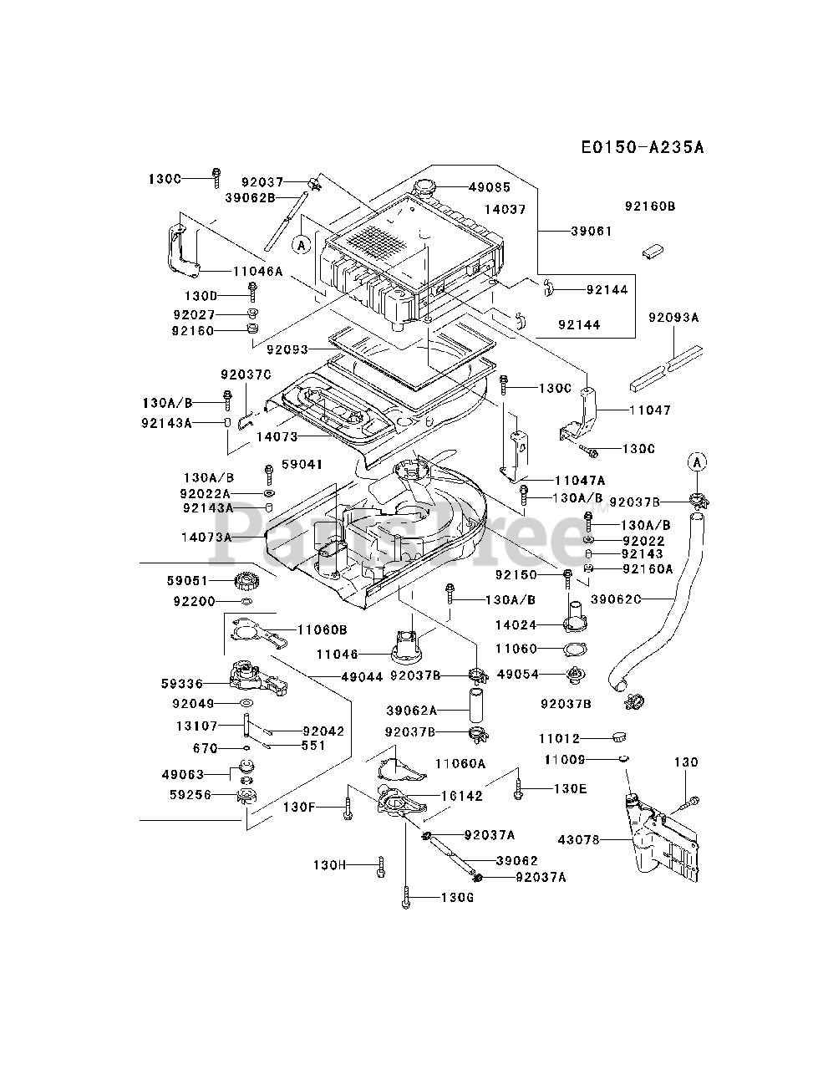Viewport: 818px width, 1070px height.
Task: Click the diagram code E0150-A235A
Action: [x=643, y=147]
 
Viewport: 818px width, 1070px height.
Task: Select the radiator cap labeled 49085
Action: [x=424, y=188]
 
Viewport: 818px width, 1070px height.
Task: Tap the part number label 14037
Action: [x=505, y=210]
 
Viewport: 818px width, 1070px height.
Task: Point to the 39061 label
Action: [x=592, y=231]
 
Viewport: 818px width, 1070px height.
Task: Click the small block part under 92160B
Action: [x=653, y=251]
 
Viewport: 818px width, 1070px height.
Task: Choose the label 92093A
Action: [x=673, y=318]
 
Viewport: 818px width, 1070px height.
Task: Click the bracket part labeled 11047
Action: [x=578, y=415]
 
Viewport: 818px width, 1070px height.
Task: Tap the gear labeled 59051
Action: [x=246, y=581]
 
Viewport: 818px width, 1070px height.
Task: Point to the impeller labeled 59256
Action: [x=247, y=796]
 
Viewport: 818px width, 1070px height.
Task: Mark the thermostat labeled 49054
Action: [x=576, y=675]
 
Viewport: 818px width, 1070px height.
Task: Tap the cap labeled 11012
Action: [x=619, y=737]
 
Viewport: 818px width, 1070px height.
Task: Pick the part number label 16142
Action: [x=461, y=797]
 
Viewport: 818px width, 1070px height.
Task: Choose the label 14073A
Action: [x=206, y=538]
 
